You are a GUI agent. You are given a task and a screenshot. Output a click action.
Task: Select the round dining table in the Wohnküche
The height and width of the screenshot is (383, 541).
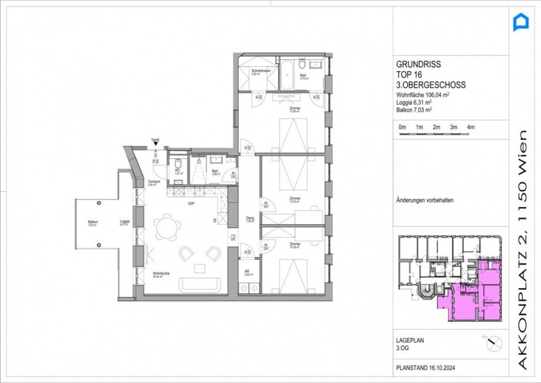(x=166, y=227)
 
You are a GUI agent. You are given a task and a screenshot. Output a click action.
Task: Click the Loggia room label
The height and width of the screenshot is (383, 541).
(x=124, y=222)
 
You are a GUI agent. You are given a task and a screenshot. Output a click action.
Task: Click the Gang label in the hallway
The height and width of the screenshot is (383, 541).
(x=249, y=219)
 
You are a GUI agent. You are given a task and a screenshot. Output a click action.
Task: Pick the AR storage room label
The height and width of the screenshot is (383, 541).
(x=248, y=272)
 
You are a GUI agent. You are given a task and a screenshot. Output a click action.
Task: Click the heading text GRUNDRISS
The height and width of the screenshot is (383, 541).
(x=418, y=65)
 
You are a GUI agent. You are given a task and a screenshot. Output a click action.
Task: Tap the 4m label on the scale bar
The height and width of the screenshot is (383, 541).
(x=470, y=127)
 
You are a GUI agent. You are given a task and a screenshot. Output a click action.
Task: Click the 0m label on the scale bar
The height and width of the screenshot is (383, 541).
(x=402, y=127)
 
